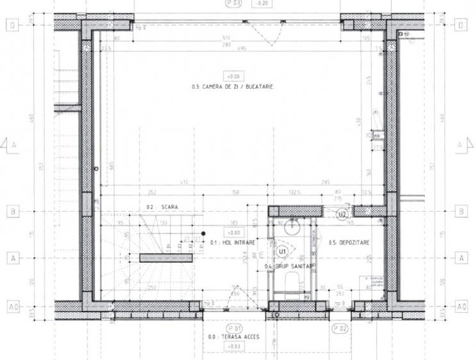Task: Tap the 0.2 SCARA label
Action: pyautogui.click(x=162, y=207)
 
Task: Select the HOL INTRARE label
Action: pyautogui.click(x=233, y=243)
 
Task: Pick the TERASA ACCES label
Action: pyautogui.click(x=234, y=336)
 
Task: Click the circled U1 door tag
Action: pyautogui.click(x=282, y=251)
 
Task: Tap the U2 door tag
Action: pyautogui.click(x=342, y=214)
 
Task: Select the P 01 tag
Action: pyautogui.click(x=234, y=327)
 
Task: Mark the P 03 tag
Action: pyautogui.click(x=234, y=3)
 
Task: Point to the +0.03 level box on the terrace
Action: pyautogui.click(x=234, y=346)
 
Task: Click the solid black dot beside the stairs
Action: pyautogui.click(x=203, y=233)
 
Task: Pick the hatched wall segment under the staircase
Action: pyautogui.click(x=166, y=258)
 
